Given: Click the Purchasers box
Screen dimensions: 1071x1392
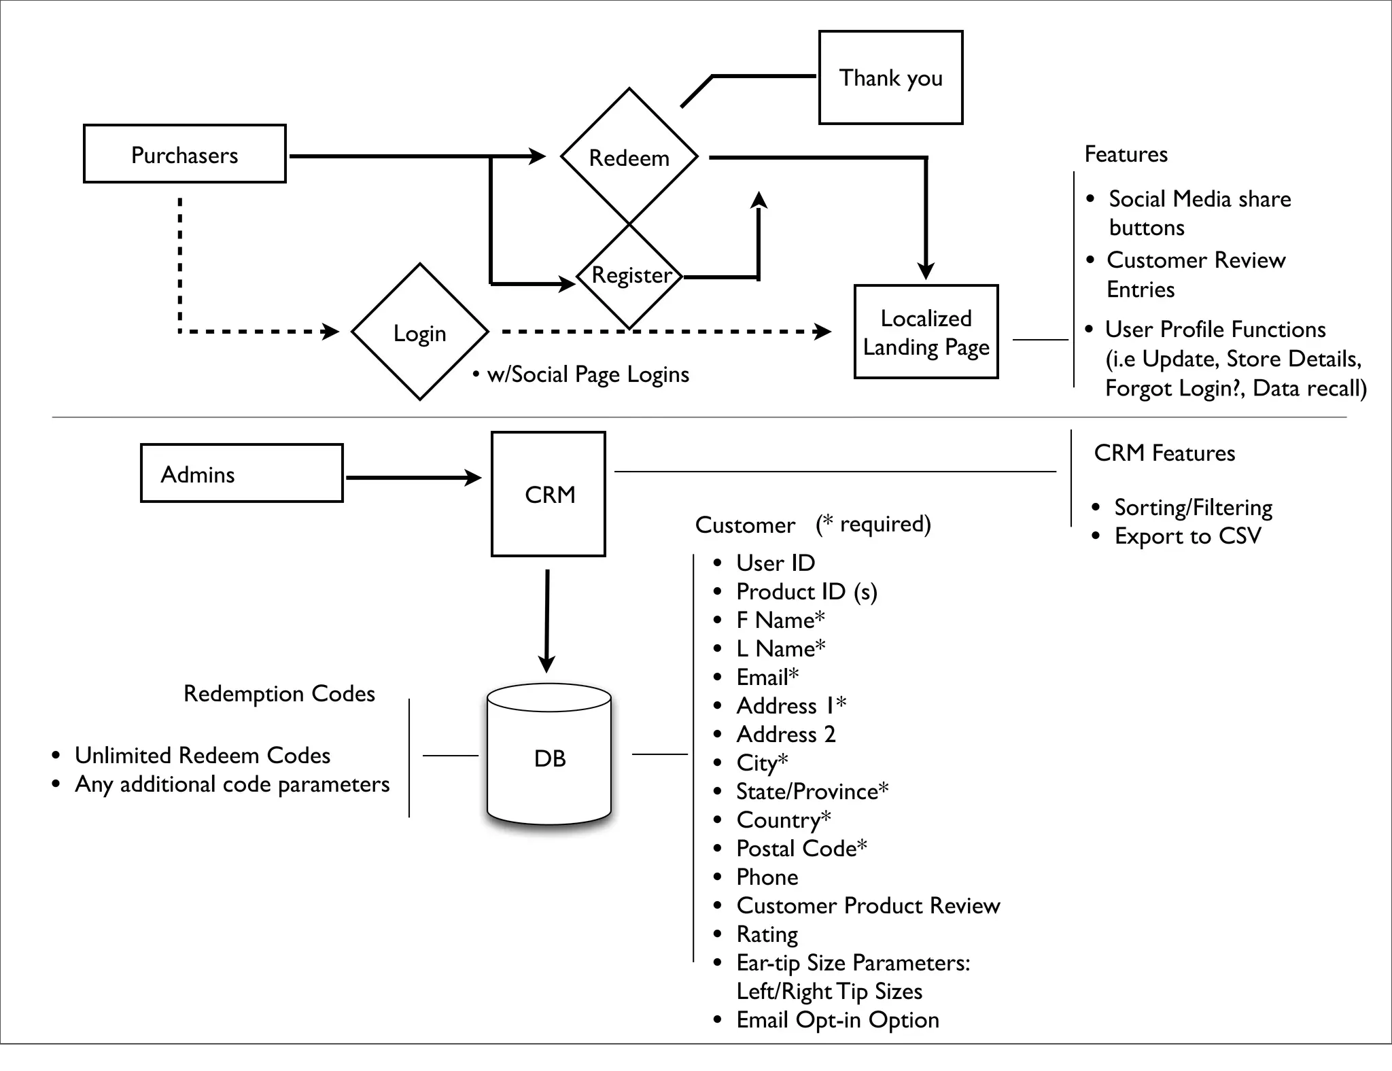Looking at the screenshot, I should pyautogui.click(x=184, y=154).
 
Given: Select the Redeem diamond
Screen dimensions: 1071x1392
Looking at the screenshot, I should pyautogui.click(x=629, y=157).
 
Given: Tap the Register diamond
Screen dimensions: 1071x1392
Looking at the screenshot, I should pyautogui.click(x=630, y=275).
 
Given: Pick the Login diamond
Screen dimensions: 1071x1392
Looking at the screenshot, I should pyautogui.click(x=419, y=333).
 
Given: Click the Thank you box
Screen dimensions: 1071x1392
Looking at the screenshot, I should pyautogui.click(x=890, y=77).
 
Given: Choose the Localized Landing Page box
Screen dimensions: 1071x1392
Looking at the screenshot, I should pyautogui.click(x=926, y=332).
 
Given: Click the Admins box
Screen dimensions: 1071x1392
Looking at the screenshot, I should pyautogui.click(x=241, y=474).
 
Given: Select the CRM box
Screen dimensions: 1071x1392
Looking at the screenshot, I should pyautogui.click(x=549, y=494).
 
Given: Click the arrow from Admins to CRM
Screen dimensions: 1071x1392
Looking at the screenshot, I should pyautogui.click(x=412, y=478).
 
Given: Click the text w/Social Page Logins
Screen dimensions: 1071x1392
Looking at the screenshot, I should pyautogui.click(x=587, y=374).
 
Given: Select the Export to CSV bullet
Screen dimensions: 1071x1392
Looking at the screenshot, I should pyautogui.click(x=1187, y=536).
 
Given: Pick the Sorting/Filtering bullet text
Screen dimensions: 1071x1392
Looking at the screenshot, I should pyautogui.click(x=1193, y=508).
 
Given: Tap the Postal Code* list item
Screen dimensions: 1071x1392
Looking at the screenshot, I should pyautogui.click(x=801, y=848).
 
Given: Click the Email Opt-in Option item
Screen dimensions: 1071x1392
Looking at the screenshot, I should pyautogui.click(x=837, y=1019).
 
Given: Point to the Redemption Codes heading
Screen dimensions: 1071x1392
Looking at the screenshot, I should pyautogui.click(x=279, y=693).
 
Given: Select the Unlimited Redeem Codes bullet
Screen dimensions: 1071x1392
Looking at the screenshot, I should pyautogui.click(x=202, y=755).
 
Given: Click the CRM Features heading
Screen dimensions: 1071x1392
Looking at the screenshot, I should pyautogui.click(x=1164, y=453).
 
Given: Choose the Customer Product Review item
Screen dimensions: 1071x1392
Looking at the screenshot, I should pyautogui.click(x=868, y=905).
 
